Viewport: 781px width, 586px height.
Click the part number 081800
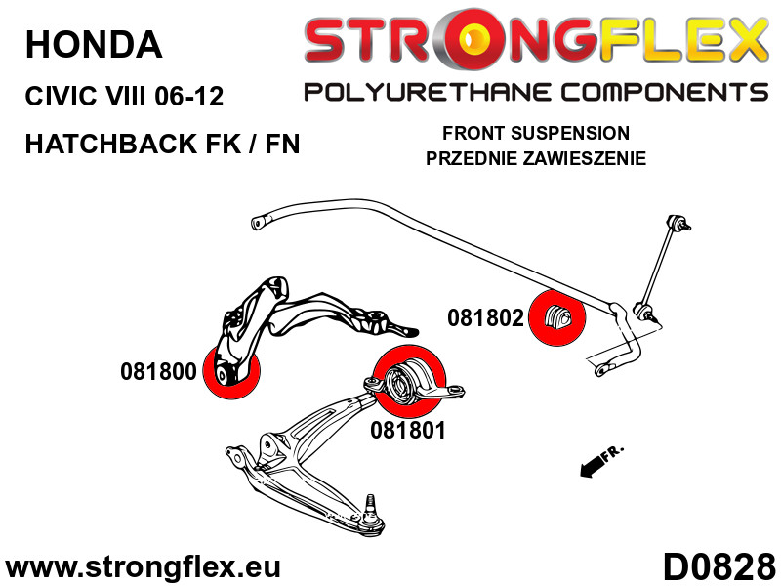158,372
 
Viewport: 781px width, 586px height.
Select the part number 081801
408,430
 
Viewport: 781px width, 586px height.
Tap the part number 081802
485,318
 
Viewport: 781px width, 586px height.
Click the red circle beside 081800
232,371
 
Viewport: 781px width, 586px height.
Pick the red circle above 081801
409,381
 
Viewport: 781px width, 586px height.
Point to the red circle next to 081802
556,317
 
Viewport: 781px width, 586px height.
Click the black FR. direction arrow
595,466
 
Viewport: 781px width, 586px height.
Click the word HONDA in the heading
94,44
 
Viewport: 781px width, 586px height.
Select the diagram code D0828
719,567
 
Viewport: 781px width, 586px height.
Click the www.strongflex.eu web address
143,567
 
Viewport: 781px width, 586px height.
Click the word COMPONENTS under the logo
665,93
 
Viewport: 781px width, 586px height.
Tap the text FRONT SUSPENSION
536,133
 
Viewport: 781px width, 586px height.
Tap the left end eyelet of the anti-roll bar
258,223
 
